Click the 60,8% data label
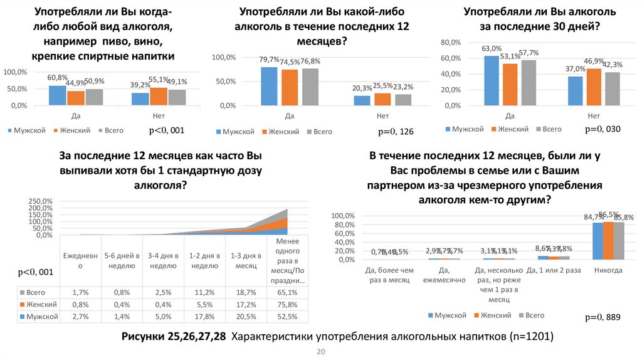click(58, 77)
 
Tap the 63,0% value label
click(492, 48)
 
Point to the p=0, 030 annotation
click(603, 129)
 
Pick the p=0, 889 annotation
click(603, 317)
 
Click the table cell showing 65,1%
click(286, 293)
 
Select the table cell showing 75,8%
click(286, 305)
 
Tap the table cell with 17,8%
click(204, 317)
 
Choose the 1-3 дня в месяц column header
click(245, 261)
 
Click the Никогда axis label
click(608, 270)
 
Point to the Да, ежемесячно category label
click(444, 275)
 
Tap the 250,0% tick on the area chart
click(42, 201)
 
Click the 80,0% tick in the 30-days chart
click(451, 42)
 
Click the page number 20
click(321, 352)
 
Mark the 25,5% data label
click(382, 85)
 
